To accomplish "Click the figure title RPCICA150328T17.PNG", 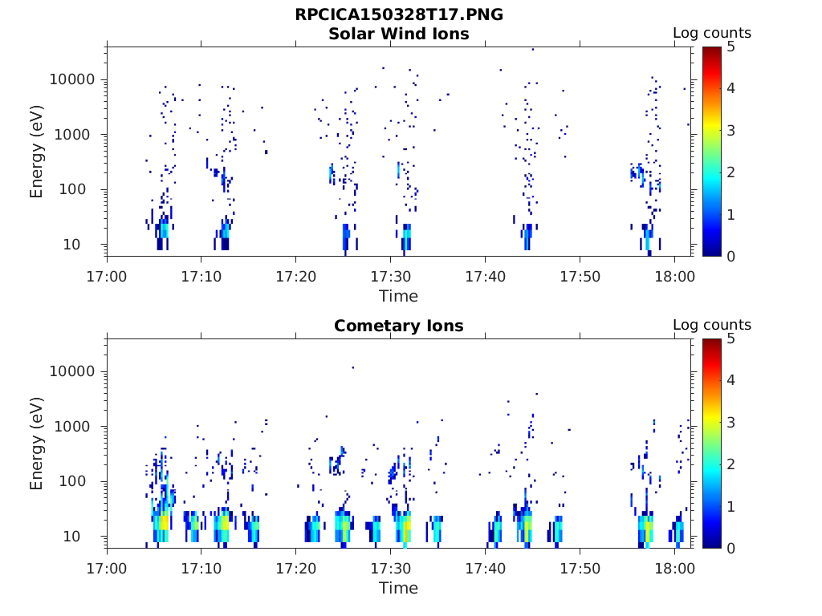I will (399, 14).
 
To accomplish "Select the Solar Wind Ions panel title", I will (399, 34).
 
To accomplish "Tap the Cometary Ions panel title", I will (399, 326).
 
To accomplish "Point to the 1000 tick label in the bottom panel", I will (77, 427).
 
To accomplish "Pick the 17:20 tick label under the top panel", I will (296, 277).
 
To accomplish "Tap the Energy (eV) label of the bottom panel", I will (37, 443).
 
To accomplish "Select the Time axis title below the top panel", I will (399, 296).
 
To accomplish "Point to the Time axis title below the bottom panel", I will (399, 588).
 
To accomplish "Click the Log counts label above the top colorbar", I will (712, 33).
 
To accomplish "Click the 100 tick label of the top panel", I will (81, 189).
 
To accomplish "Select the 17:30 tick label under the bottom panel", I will (391, 569).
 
